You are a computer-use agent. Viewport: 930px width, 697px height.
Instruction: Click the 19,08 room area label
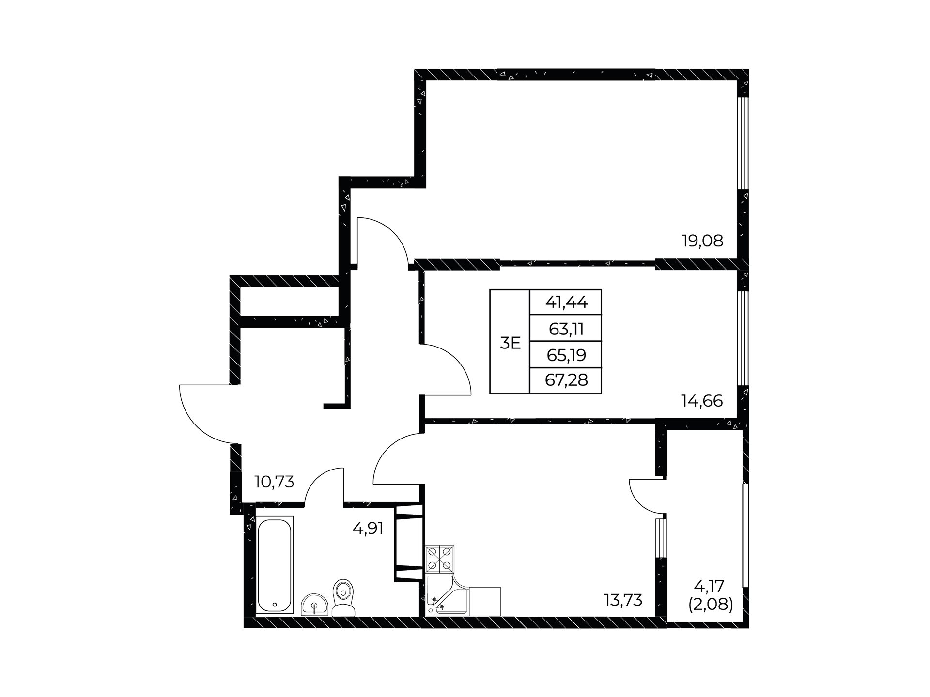coord(702,241)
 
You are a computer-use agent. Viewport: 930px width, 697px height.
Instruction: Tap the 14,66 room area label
coord(702,401)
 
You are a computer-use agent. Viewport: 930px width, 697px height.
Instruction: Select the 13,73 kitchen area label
coord(623,600)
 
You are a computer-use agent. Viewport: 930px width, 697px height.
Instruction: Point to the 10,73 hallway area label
coord(274,482)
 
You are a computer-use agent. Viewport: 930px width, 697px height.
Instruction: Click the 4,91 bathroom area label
coord(368,528)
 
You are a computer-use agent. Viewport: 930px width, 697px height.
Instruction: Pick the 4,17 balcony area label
coord(709,587)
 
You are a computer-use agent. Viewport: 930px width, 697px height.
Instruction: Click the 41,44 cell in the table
coord(566,303)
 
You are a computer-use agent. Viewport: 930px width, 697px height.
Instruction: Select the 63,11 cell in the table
coord(566,329)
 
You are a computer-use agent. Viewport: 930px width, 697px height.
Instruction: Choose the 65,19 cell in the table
coord(566,355)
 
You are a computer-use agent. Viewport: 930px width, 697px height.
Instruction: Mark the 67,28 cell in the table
coord(566,380)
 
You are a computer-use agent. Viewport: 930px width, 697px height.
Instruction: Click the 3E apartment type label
coord(510,343)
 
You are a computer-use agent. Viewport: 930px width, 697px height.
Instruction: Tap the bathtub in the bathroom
coord(274,566)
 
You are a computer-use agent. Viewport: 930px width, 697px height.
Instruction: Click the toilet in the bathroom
coord(343,597)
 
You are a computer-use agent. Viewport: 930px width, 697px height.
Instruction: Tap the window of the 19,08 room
coord(743,143)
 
